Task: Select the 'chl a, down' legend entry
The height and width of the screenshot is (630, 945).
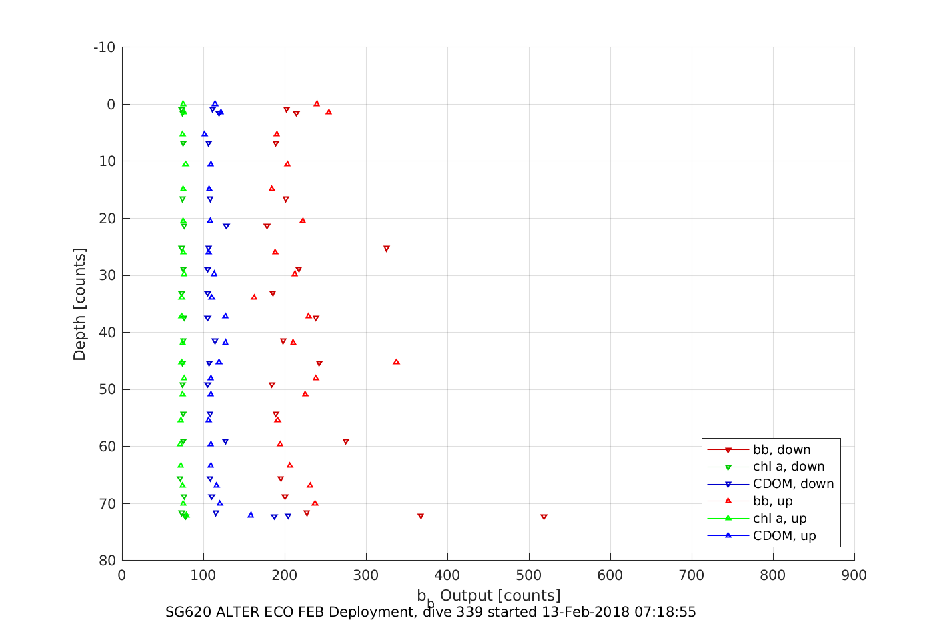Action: click(788, 467)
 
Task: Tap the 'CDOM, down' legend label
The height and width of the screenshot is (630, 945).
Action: click(793, 484)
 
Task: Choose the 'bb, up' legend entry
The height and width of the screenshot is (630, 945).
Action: click(772, 501)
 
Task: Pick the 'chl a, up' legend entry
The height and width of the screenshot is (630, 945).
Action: click(779, 519)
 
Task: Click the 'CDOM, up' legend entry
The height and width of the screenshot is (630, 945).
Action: click(784, 536)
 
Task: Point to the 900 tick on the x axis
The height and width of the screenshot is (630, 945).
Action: click(854, 575)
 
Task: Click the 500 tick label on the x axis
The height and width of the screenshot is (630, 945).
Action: click(529, 575)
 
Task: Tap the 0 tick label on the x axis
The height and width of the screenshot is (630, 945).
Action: click(122, 575)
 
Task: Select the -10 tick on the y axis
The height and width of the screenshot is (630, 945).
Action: click(104, 47)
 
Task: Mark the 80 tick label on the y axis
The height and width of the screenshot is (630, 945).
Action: click(107, 561)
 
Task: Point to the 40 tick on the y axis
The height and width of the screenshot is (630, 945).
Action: click(107, 333)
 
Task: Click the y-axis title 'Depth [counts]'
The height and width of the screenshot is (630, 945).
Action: click(80, 304)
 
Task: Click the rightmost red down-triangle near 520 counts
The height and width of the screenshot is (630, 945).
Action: click(544, 517)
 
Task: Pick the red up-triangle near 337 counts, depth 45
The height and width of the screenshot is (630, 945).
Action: click(396, 362)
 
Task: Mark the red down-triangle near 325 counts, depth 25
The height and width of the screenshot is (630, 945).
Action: click(386, 249)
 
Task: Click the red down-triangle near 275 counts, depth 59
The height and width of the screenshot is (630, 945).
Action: click(345, 441)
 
